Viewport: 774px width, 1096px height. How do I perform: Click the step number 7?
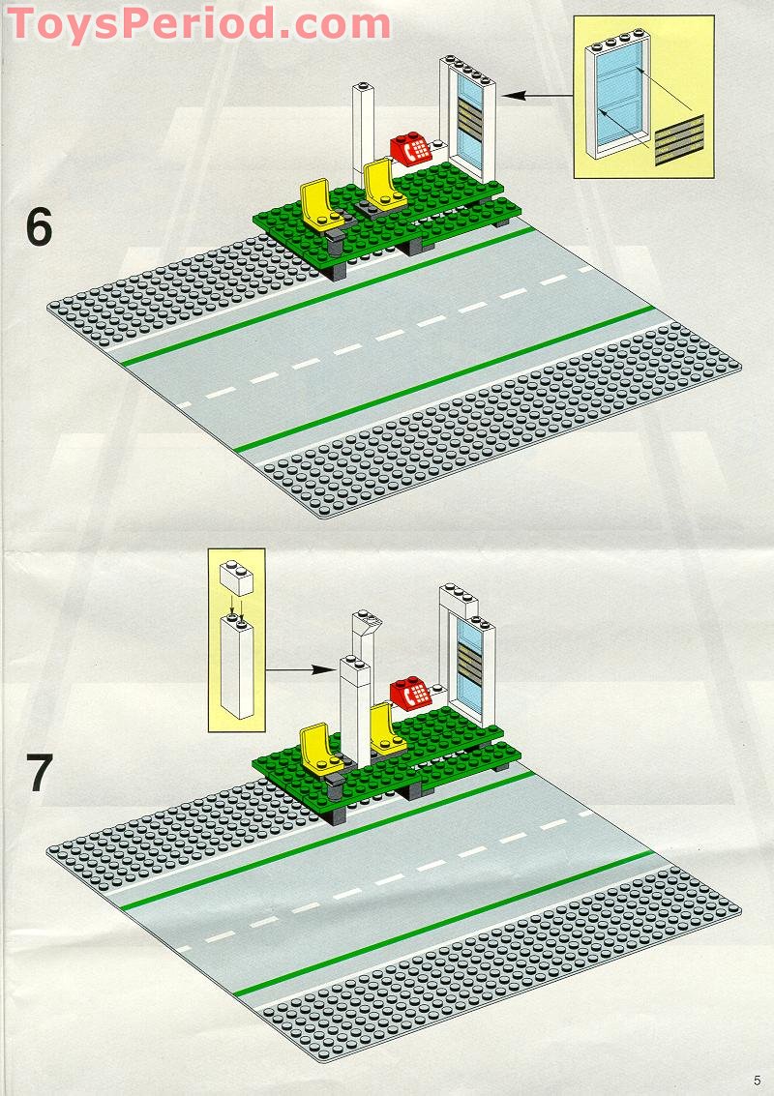click(x=39, y=773)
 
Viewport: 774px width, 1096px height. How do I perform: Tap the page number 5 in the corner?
click(x=756, y=1080)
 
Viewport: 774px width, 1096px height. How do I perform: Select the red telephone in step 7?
click(x=410, y=694)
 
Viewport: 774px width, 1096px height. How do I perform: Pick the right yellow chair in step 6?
click(x=381, y=184)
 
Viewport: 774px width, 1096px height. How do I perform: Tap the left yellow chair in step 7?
click(x=317, y=751)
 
